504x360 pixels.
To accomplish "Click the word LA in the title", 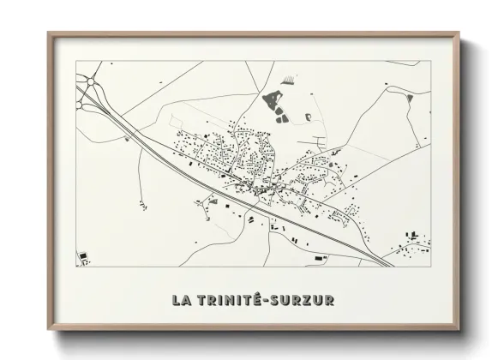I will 182,300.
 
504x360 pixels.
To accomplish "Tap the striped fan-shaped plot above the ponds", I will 291,79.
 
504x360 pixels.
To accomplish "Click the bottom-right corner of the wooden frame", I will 460,329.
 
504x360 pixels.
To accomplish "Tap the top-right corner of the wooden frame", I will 460,33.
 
